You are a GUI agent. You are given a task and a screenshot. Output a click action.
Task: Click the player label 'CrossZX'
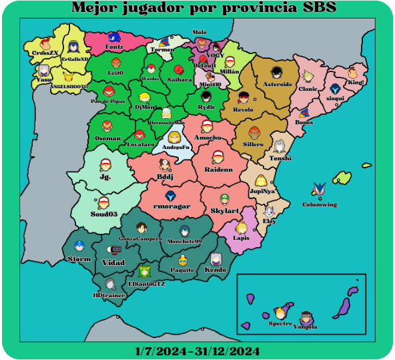[x=45, y=52]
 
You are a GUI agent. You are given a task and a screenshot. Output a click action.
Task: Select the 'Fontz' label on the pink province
[x=114, y=47]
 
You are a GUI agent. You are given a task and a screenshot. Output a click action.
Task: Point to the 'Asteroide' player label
[x=278, y=85]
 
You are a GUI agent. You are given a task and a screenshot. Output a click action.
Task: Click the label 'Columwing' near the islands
[x=320, y=204]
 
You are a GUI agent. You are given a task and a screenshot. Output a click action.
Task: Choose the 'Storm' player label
[x=79, y=258]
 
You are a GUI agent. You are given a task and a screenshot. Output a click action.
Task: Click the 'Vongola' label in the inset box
[x=306, y=327]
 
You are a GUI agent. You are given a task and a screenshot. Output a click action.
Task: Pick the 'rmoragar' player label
[x=171, y=207]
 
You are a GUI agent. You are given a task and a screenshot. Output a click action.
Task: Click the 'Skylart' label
[x=224, y=210]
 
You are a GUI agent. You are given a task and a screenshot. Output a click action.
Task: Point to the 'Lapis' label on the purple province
[x=242, y=238]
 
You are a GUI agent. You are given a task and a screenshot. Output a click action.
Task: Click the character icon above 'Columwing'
[x=319, y=191]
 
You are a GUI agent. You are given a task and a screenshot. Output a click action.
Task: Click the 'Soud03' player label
[x=104, y=214]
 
